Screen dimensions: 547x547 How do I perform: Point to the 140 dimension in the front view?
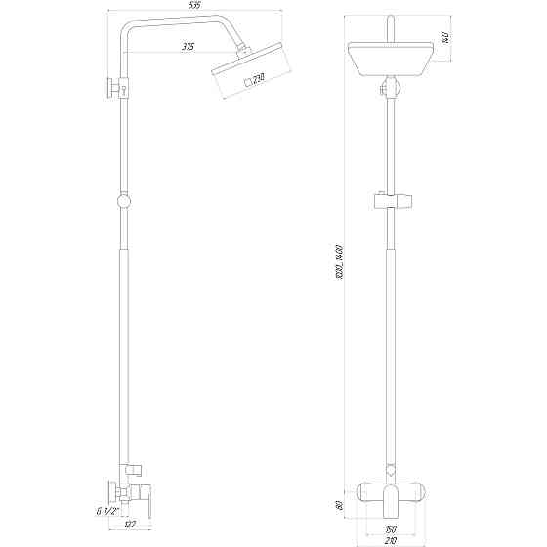[x=443, y=40]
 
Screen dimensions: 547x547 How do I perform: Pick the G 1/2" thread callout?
[x=106, y=511]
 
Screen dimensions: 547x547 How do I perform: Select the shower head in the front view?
[x=391, y=61]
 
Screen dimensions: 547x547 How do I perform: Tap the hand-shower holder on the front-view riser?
[x=391, y=203]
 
